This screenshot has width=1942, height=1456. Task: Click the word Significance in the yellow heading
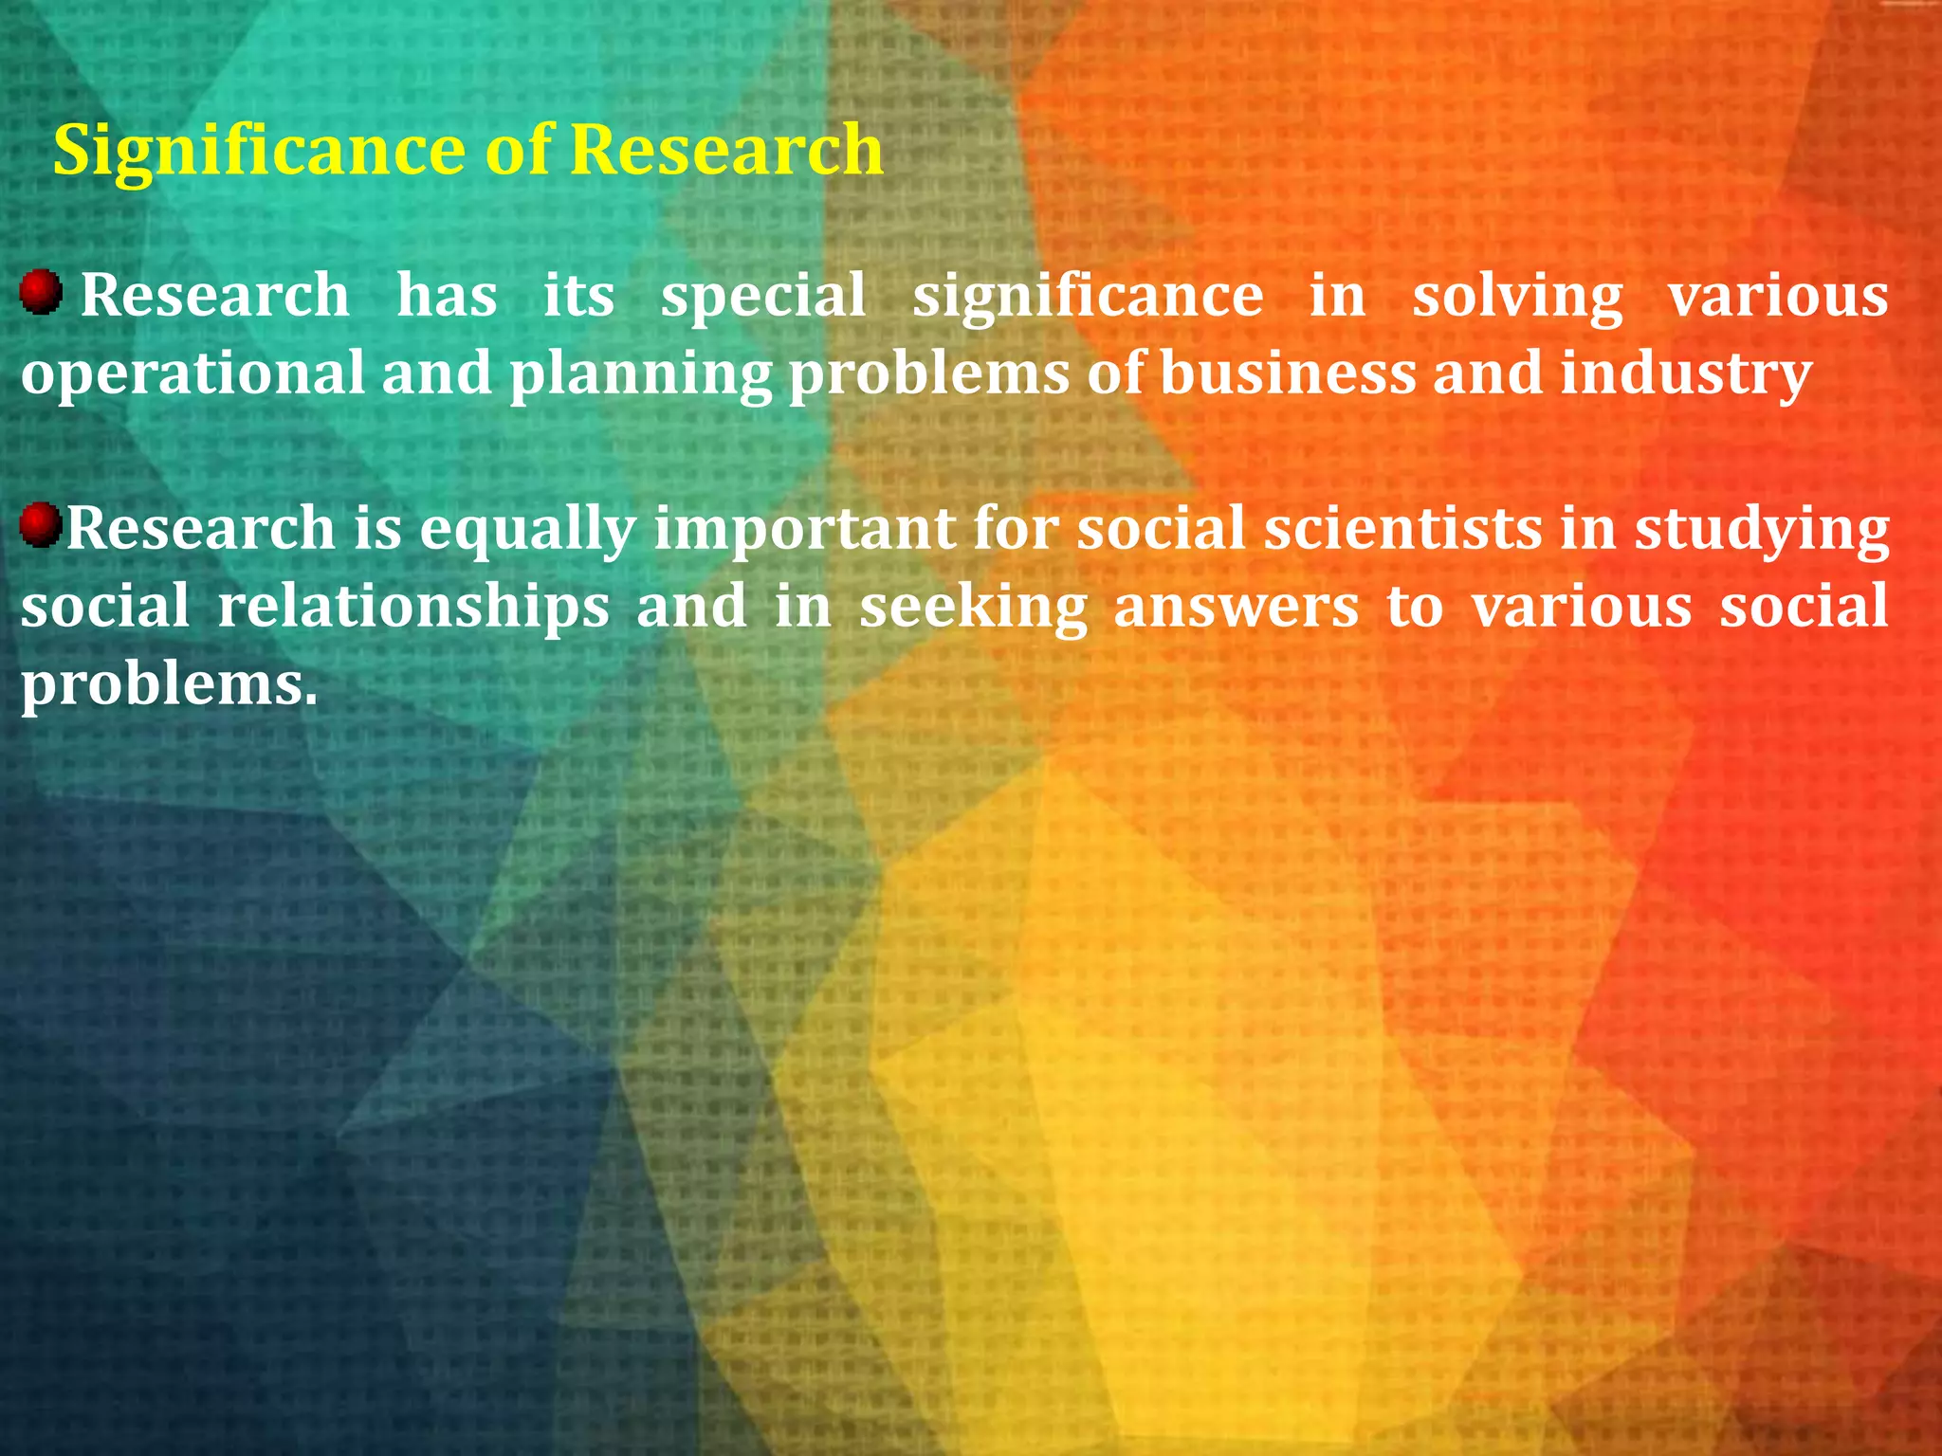click(259, 152)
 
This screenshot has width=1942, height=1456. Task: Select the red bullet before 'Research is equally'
click(41, 525)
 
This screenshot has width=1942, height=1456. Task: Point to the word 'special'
click(763, 296)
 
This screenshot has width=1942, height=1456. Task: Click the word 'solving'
click(1517, 296)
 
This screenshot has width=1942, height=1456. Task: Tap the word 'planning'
click(641, 375)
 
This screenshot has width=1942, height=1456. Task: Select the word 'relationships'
click(413, 607)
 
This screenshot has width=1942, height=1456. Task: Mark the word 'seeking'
click(973, 608)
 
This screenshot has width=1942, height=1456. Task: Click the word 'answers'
click(1237, 607)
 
